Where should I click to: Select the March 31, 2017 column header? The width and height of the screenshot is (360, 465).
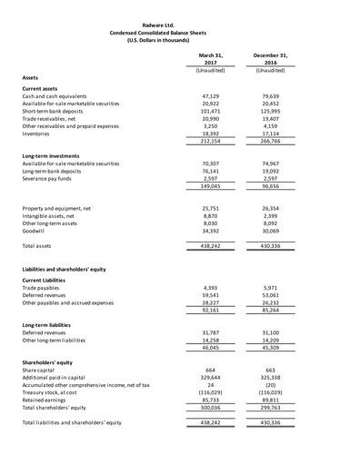210,59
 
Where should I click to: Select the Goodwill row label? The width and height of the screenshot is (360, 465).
36,227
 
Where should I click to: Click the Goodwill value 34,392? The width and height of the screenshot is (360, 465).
210,227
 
